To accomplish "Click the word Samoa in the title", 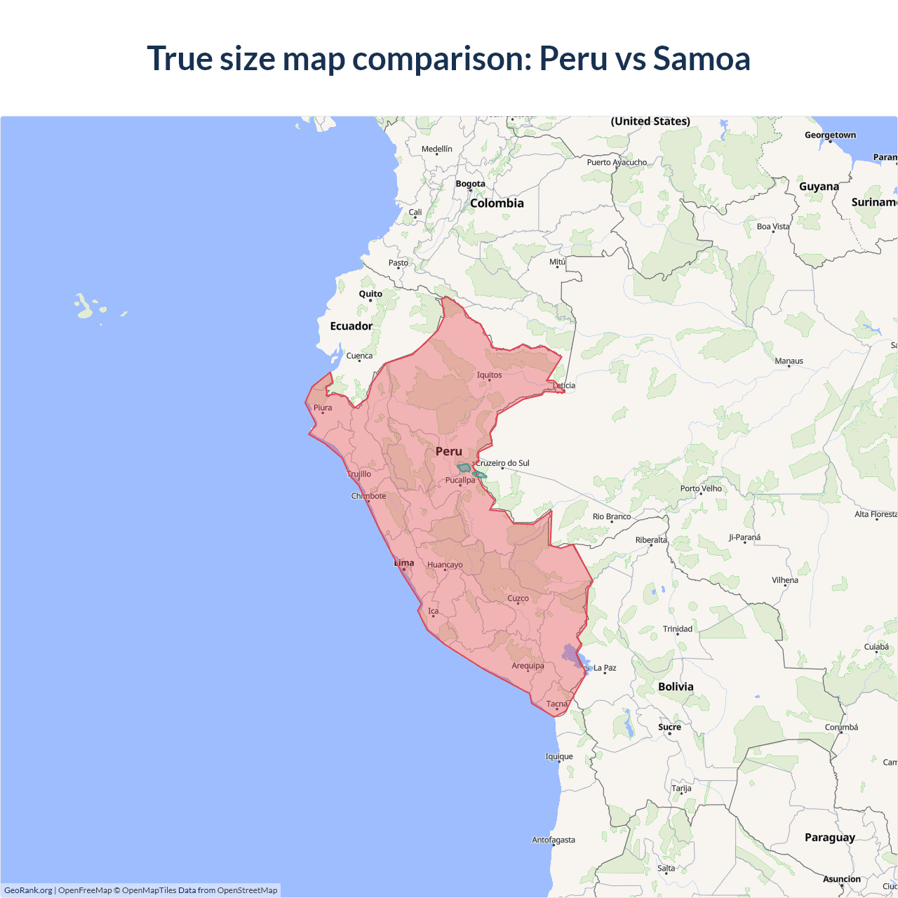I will coord(702,58).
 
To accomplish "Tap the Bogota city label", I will coord(470,184).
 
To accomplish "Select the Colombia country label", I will coord(497,203).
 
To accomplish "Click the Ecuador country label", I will coord(351,326).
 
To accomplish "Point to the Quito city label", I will coord(370,294).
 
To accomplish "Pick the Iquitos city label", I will coord(489,375).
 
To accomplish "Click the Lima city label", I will coord(404,563).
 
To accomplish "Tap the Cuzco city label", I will coord(518,598).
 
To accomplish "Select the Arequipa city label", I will coord(528,666).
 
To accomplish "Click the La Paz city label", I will coord(605,668).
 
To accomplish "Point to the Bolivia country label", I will coord(676,686).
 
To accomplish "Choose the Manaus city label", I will coord(789,361).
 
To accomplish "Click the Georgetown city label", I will coord(830,135).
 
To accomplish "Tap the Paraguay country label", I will coord(829,837).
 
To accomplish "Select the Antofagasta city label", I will coord(553,840).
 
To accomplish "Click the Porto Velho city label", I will coord(701,488).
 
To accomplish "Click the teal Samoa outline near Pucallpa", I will coord(464,468).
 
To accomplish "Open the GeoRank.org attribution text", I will coord(28,890).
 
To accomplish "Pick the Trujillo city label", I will coord(359,474).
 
